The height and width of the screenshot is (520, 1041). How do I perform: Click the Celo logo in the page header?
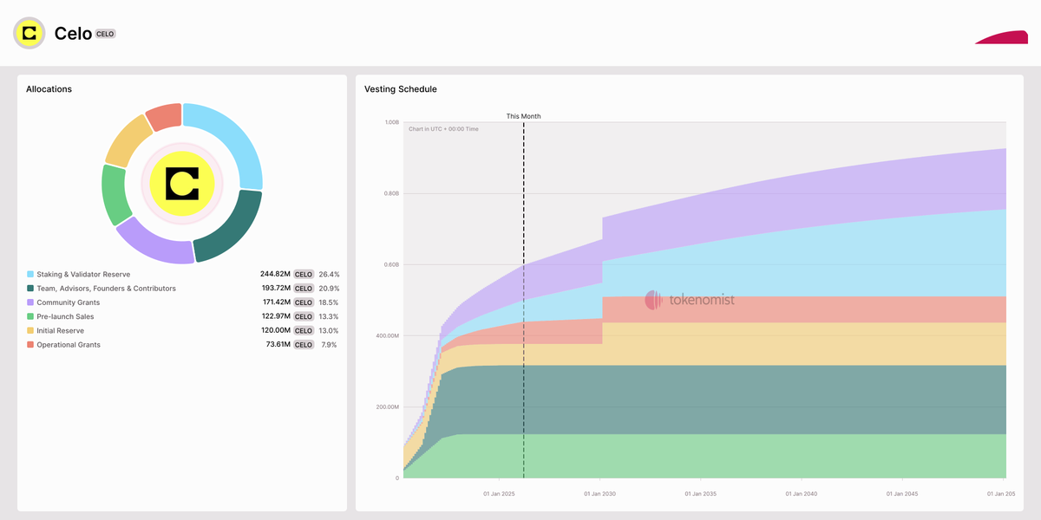29,33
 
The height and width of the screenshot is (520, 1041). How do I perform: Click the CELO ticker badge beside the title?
105,34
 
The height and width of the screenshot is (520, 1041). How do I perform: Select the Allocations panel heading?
49,89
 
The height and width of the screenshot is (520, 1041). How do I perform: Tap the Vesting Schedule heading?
401,89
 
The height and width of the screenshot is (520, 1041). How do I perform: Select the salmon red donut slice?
164,116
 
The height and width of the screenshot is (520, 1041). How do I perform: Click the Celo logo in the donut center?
182,183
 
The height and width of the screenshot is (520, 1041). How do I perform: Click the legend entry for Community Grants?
68,302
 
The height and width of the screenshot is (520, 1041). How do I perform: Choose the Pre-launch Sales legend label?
65,316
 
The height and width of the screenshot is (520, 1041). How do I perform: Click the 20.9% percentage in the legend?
329,289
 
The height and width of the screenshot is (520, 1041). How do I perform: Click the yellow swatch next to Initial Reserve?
30,331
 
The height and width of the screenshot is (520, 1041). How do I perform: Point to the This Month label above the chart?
523,116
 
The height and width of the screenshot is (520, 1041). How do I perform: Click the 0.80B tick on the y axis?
391,193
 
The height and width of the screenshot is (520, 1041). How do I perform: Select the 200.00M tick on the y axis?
386,407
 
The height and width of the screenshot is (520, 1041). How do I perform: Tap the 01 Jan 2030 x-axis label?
599,494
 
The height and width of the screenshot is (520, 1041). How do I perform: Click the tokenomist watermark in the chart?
690,300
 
